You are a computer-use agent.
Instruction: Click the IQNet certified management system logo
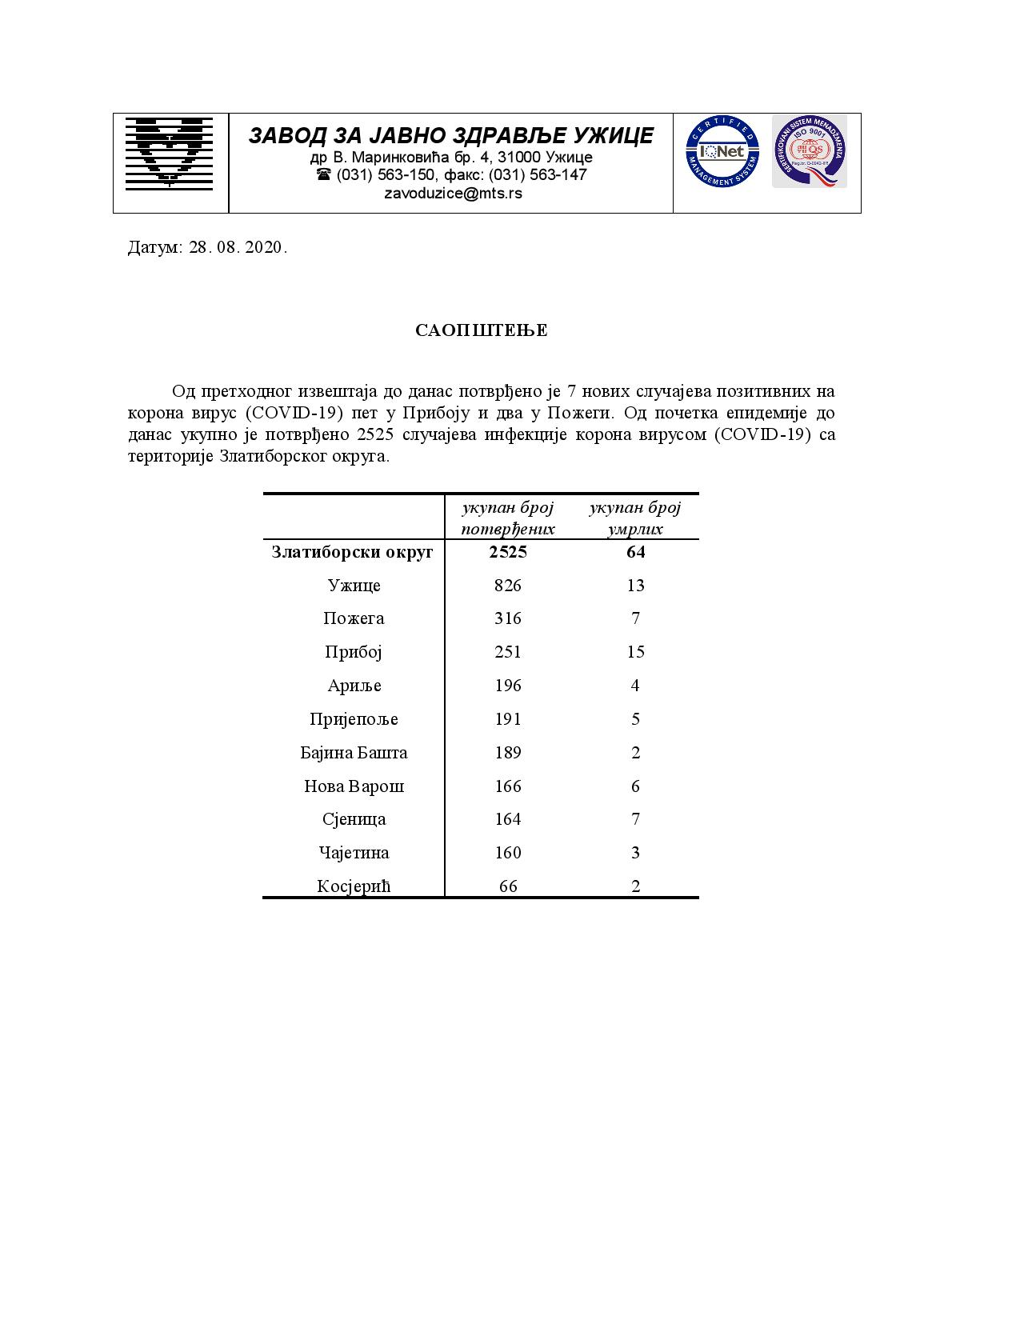click(722, 151)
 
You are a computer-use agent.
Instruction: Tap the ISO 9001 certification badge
click(809, 151)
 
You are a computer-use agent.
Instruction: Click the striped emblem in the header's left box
click(170, 152)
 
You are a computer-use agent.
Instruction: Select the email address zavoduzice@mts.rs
click(453, 193)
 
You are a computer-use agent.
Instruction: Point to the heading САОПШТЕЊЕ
click(482, 330)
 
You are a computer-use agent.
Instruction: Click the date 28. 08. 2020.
click(238, 247)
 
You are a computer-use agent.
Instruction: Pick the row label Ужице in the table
click(354, 586)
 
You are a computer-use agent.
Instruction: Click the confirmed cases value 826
click(508, 586)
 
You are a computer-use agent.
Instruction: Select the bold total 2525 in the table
click(508, 552)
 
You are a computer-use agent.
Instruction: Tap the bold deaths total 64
click(636, 552)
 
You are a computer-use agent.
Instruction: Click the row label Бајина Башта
click(354, 753)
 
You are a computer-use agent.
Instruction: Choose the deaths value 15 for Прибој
click(636, 652)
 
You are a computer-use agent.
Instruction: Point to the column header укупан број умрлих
click(635, 518)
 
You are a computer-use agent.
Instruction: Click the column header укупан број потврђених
click(508, 518)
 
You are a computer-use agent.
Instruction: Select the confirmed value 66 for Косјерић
click(508, 886)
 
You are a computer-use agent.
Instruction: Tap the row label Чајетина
click(354, 853)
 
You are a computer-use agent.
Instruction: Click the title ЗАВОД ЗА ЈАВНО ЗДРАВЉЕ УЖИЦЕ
click(451, 135)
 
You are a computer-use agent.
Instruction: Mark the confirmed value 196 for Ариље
click(508, 686)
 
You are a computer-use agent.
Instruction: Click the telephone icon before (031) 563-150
click(324, 174)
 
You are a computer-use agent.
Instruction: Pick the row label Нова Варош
click(354, 786)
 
